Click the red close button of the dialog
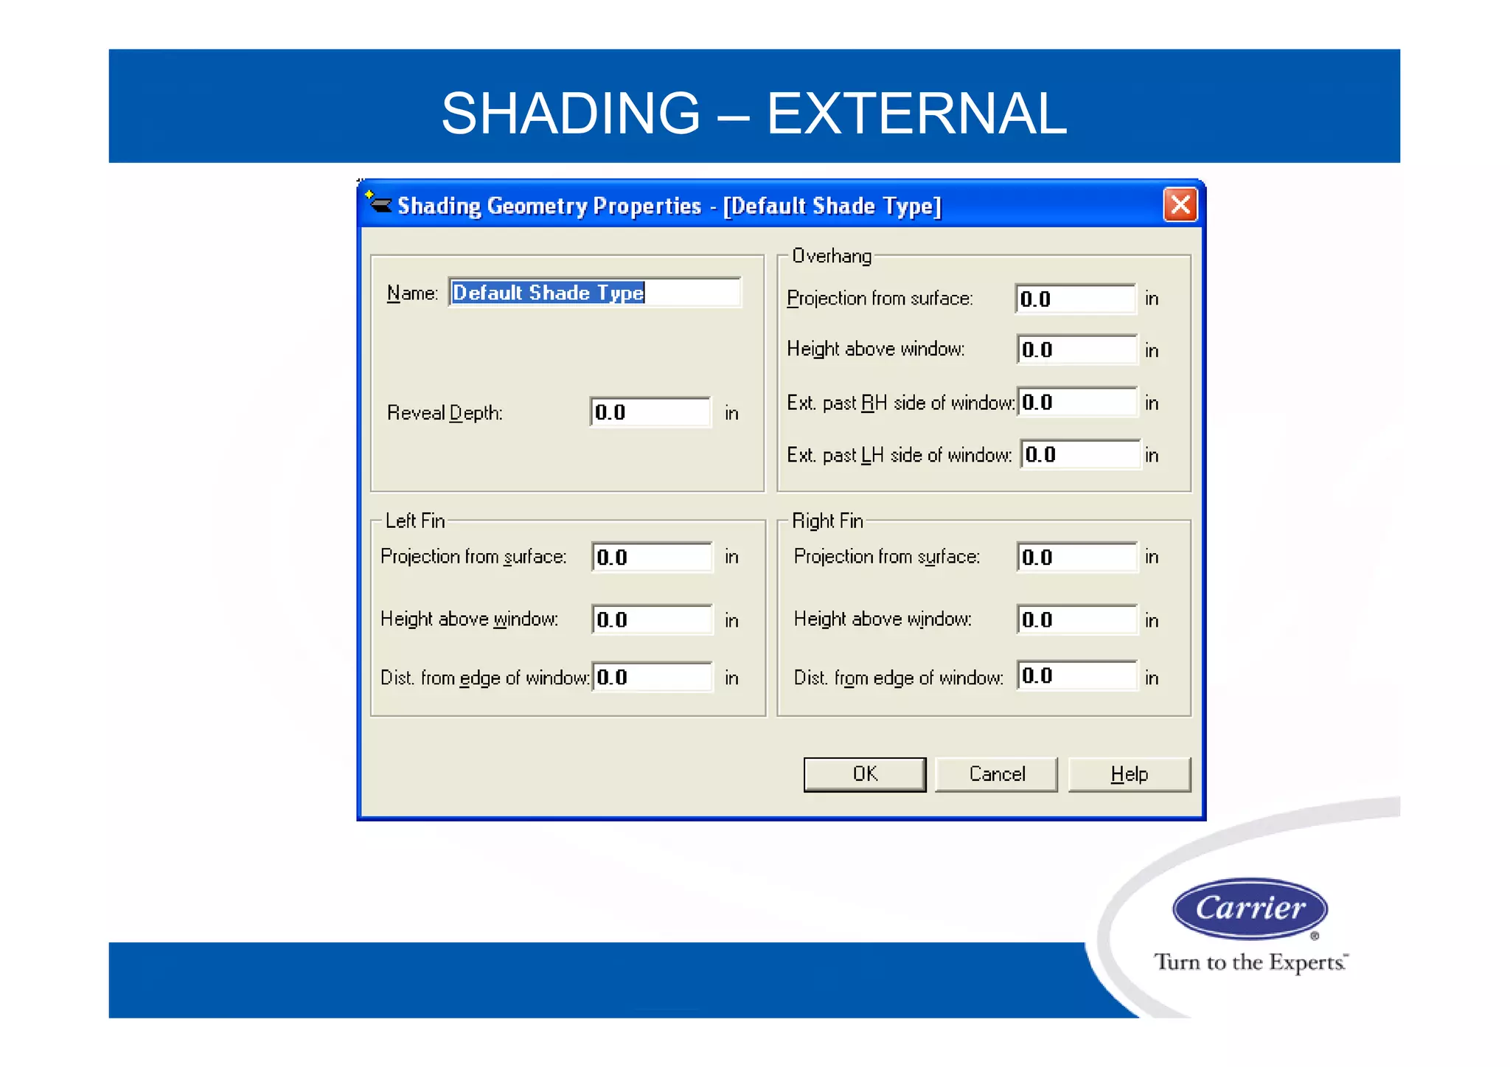(x=1180, y=204)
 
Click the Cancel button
(x=996, y=774)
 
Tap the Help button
(x=1129, y=774)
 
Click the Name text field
(x=594, y=293)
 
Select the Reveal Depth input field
(x=650, y=412)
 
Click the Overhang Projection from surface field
(x=1075, y=299)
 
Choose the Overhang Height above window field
(x=1076, y=350)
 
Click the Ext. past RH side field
(x=1077, y=403)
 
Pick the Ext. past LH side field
(x=1080, y=454)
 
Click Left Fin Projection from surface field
(x=652, y=557)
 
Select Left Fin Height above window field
(x=652, y=619)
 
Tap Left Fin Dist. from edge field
(x=652, y=677)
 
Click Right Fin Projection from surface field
(x=1076, y=557)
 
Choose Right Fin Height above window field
(x=1076, y=619)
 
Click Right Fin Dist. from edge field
(x=1076, y=675)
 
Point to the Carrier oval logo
(x=1250, y=908)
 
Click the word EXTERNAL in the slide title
(x=916, y=114)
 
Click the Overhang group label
(x=831, y=256)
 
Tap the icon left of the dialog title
(x=379, y=202)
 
